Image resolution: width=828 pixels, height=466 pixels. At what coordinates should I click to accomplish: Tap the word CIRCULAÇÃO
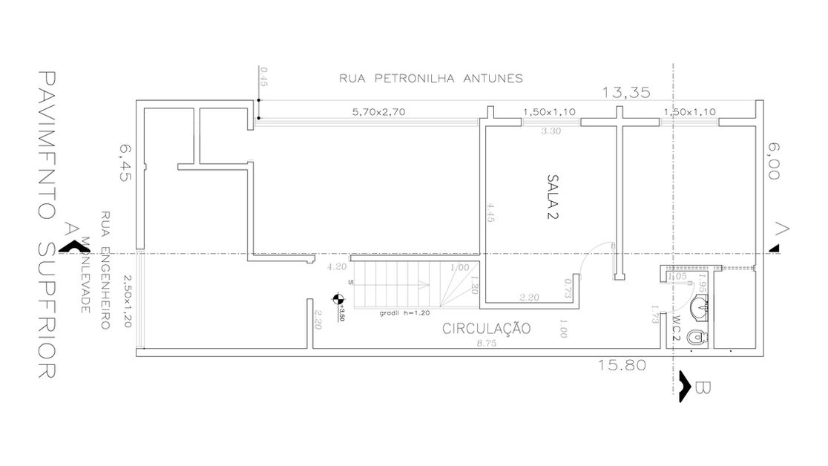[486, 328]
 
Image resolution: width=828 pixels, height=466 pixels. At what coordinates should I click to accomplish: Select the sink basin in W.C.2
[698, 306]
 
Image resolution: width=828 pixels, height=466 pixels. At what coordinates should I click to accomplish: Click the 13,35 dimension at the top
[626, 92]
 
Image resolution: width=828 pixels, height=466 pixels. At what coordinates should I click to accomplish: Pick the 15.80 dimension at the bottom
[622, 364]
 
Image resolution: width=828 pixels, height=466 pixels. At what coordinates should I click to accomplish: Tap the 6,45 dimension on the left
[124, 164]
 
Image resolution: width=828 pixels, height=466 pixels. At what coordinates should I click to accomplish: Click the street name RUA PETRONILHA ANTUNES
[432, 77]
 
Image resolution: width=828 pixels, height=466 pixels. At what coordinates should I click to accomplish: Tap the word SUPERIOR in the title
[46, 312]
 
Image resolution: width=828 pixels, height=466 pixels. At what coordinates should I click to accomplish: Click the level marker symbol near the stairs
[338, 300]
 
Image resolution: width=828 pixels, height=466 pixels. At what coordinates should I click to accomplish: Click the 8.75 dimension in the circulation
[487, 344]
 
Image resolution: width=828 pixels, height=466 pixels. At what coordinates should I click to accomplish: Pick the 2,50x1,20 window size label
[126, 300]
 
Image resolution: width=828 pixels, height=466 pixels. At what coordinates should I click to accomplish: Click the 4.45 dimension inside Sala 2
[490, 212]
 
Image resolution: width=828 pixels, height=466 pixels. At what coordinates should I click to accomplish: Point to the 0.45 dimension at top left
[263, 76]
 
